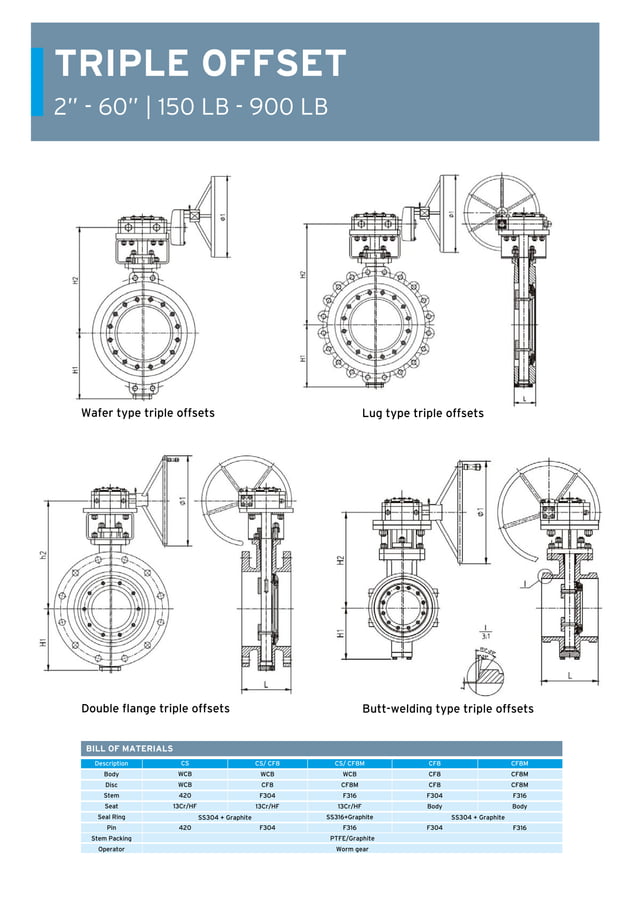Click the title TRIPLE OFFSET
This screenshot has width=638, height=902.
pyautogui.click(x=200, y=64)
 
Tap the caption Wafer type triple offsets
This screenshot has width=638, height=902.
pyautogui.click(x=147, y=413)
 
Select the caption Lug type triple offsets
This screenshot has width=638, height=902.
pyautogui.click(x=422, y=413)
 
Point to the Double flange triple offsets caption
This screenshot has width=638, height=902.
pyautogui.click(x=155, y=708)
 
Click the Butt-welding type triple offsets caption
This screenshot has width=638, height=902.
pyautogui.click(x=447, y=708)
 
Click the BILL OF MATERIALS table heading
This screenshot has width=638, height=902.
pyautogui.click(x=129, y=748)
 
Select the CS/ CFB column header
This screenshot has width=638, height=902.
pyautogui.click(x=267, y=763)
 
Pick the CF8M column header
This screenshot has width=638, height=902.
pyautogui.click(x=519, y=763)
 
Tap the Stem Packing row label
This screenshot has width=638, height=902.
pyautogui.click(x=111, y=839)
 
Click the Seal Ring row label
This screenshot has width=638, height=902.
pyautogui.click(x=111, y=817)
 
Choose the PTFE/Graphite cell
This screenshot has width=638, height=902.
pyautogui.click(x=352, y=839)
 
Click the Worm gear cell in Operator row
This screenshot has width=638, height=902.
pyautogui.click(x=352, y=849)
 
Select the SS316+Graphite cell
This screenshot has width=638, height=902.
pyautogui.click(x=350, y=817)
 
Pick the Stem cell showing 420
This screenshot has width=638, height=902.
pyautogui.click(x=184, y=796)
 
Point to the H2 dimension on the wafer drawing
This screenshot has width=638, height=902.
pyautogui.click(x=75, y=281)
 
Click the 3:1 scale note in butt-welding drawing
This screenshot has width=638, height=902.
pyautogui.click(x=486, y=633)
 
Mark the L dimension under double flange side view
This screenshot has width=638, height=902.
pyautogui.click(x=265, y=684)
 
